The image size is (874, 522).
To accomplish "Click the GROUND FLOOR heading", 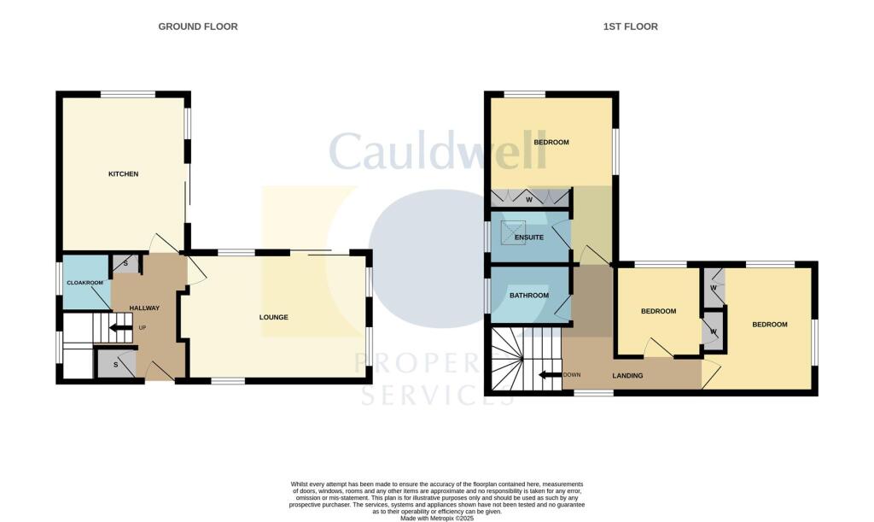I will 198,26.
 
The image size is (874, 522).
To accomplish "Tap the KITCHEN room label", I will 123,174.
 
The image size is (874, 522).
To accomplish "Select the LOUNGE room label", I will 274,318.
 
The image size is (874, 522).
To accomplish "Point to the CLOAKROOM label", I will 85,283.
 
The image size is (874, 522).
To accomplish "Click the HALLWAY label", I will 144,308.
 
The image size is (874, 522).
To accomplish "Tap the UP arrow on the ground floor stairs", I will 120,327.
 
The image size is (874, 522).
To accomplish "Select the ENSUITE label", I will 529,238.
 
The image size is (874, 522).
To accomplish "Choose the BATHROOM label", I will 529,296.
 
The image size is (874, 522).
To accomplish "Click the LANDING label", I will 627,376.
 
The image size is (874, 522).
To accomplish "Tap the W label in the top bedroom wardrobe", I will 529,201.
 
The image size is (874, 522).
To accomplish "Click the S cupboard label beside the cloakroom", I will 125,263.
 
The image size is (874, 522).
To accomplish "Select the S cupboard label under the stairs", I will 116,365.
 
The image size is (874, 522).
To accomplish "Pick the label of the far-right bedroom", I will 769,325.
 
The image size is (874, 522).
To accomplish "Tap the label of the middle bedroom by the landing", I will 658,311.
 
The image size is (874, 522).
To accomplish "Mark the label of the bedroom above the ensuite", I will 551,142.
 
